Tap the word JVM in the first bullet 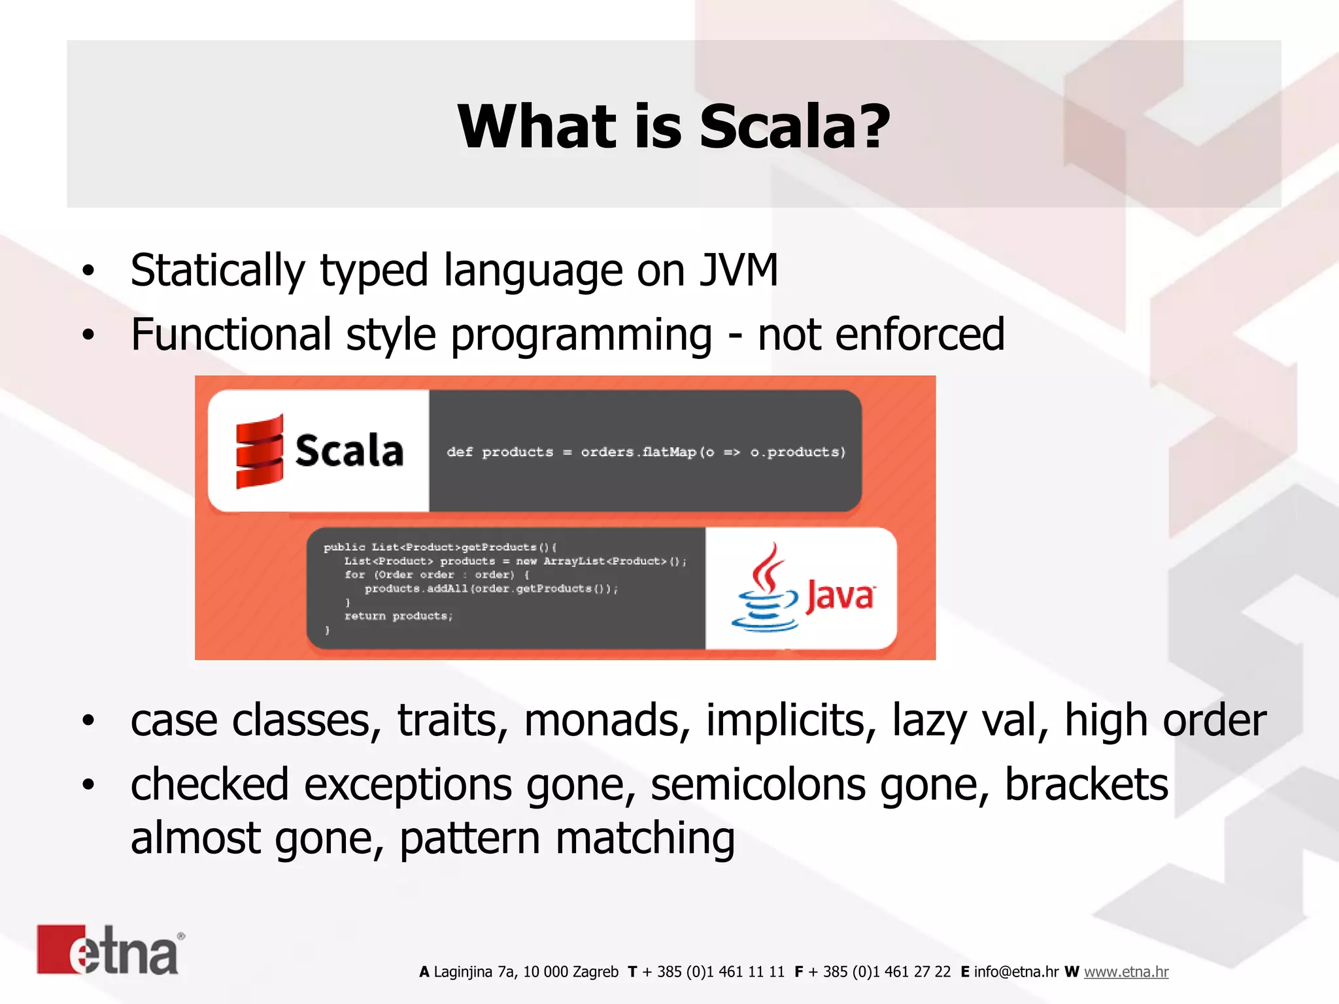pos(739,270)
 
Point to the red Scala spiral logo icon pos(260,451)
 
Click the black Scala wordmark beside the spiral pos(348,451)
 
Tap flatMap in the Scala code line pos(669,452)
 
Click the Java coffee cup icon pos(765,589)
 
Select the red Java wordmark pos(839,596)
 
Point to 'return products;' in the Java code pos(398,616)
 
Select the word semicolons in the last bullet pos(758,784)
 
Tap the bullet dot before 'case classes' pos(88,721)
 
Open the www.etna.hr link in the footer pos(1126,972)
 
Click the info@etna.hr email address pos(1016,972)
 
